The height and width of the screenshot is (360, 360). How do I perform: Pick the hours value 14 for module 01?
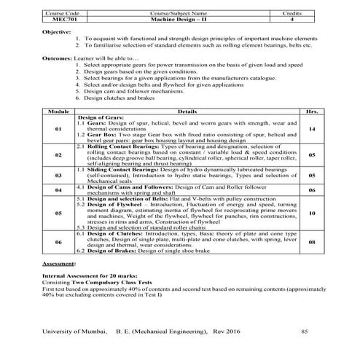(311, 129)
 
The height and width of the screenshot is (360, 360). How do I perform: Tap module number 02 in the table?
(58, 155)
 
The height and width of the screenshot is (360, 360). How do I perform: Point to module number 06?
(58, 241)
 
